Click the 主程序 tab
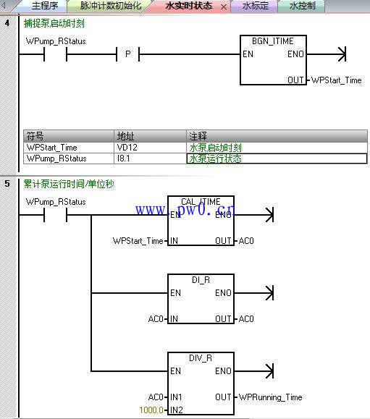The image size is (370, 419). [45, 6]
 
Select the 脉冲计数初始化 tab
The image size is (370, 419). [111, 6]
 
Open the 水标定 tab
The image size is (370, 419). [256, 6]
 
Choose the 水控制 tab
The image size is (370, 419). [303, 6]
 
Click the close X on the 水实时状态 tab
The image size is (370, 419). [224, 7]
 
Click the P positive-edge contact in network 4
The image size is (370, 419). [127, 54]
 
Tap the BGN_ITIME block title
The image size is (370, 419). [273, 41]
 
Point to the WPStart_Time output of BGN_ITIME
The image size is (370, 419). [336, 80]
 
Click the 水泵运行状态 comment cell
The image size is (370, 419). [277, 158]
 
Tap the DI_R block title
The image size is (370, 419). [201, 280]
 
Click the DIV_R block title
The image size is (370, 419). [201, 358]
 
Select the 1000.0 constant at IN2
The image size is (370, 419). [151, 410]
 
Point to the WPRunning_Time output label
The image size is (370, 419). [270, 397]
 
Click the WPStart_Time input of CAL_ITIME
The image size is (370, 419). [138, 241]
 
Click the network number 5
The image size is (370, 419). [7, 184]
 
